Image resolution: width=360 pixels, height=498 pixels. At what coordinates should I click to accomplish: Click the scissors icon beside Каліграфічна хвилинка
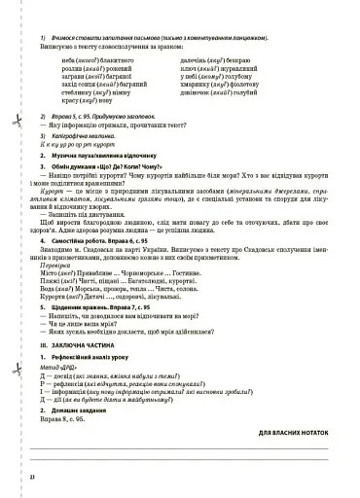point(17,122)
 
